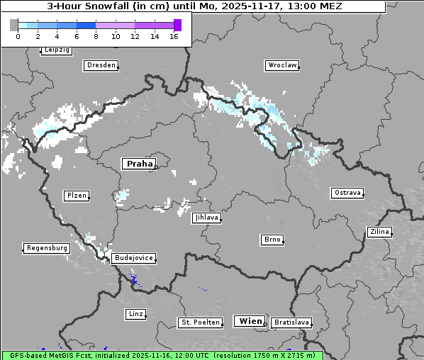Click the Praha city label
pyautogui.click(x=139, y=164)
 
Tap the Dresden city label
pyautogui.click(x=100, y=65)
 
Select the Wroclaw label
pyautogui.click(x=281, y=65)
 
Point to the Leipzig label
pyautogui.click(x=57, y=50)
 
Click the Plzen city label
pyautogui.click(x=76, y=196)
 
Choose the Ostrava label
pyautogui.click(x=347, y=193)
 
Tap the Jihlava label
pyautogui.click(x=206, y=218)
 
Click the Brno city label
pyautogui.click(x=272, y=240)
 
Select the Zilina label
pyautogui.click(x=379, y=232)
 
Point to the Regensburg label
pyautogui.click(x=47, y=248)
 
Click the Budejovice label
pyautogui.click(x=133, y=258)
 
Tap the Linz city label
pyautogui.click(x=135, y=313)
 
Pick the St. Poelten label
pyautogui.click(x=195, y=322)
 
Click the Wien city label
pyautogui.click(x=250, y=321)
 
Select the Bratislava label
pyautogui.click(x=291, y=322)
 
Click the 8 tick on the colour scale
pyautogui.click(x=96, y=35)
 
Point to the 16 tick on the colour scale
pyautogui.click(x=174, y=35)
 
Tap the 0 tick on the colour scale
pyautogui.click(x=18, y=35)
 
